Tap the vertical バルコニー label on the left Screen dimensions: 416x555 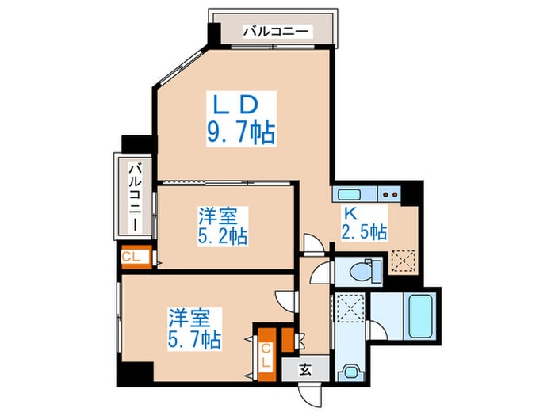[x=136, y=197]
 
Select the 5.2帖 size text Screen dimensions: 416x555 [x=221, y=235]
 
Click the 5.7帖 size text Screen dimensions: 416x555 [x=194, y=341]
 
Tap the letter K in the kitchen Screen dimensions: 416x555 [x=350, y=212]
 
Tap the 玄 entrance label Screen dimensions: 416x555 [x=306, y=368]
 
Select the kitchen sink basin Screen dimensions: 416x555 [x=349, y=193]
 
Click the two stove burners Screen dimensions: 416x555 [x=388, y=193]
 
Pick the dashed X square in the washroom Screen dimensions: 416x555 [x=348, y=307]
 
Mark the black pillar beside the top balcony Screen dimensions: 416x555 [x=212, y=33]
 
